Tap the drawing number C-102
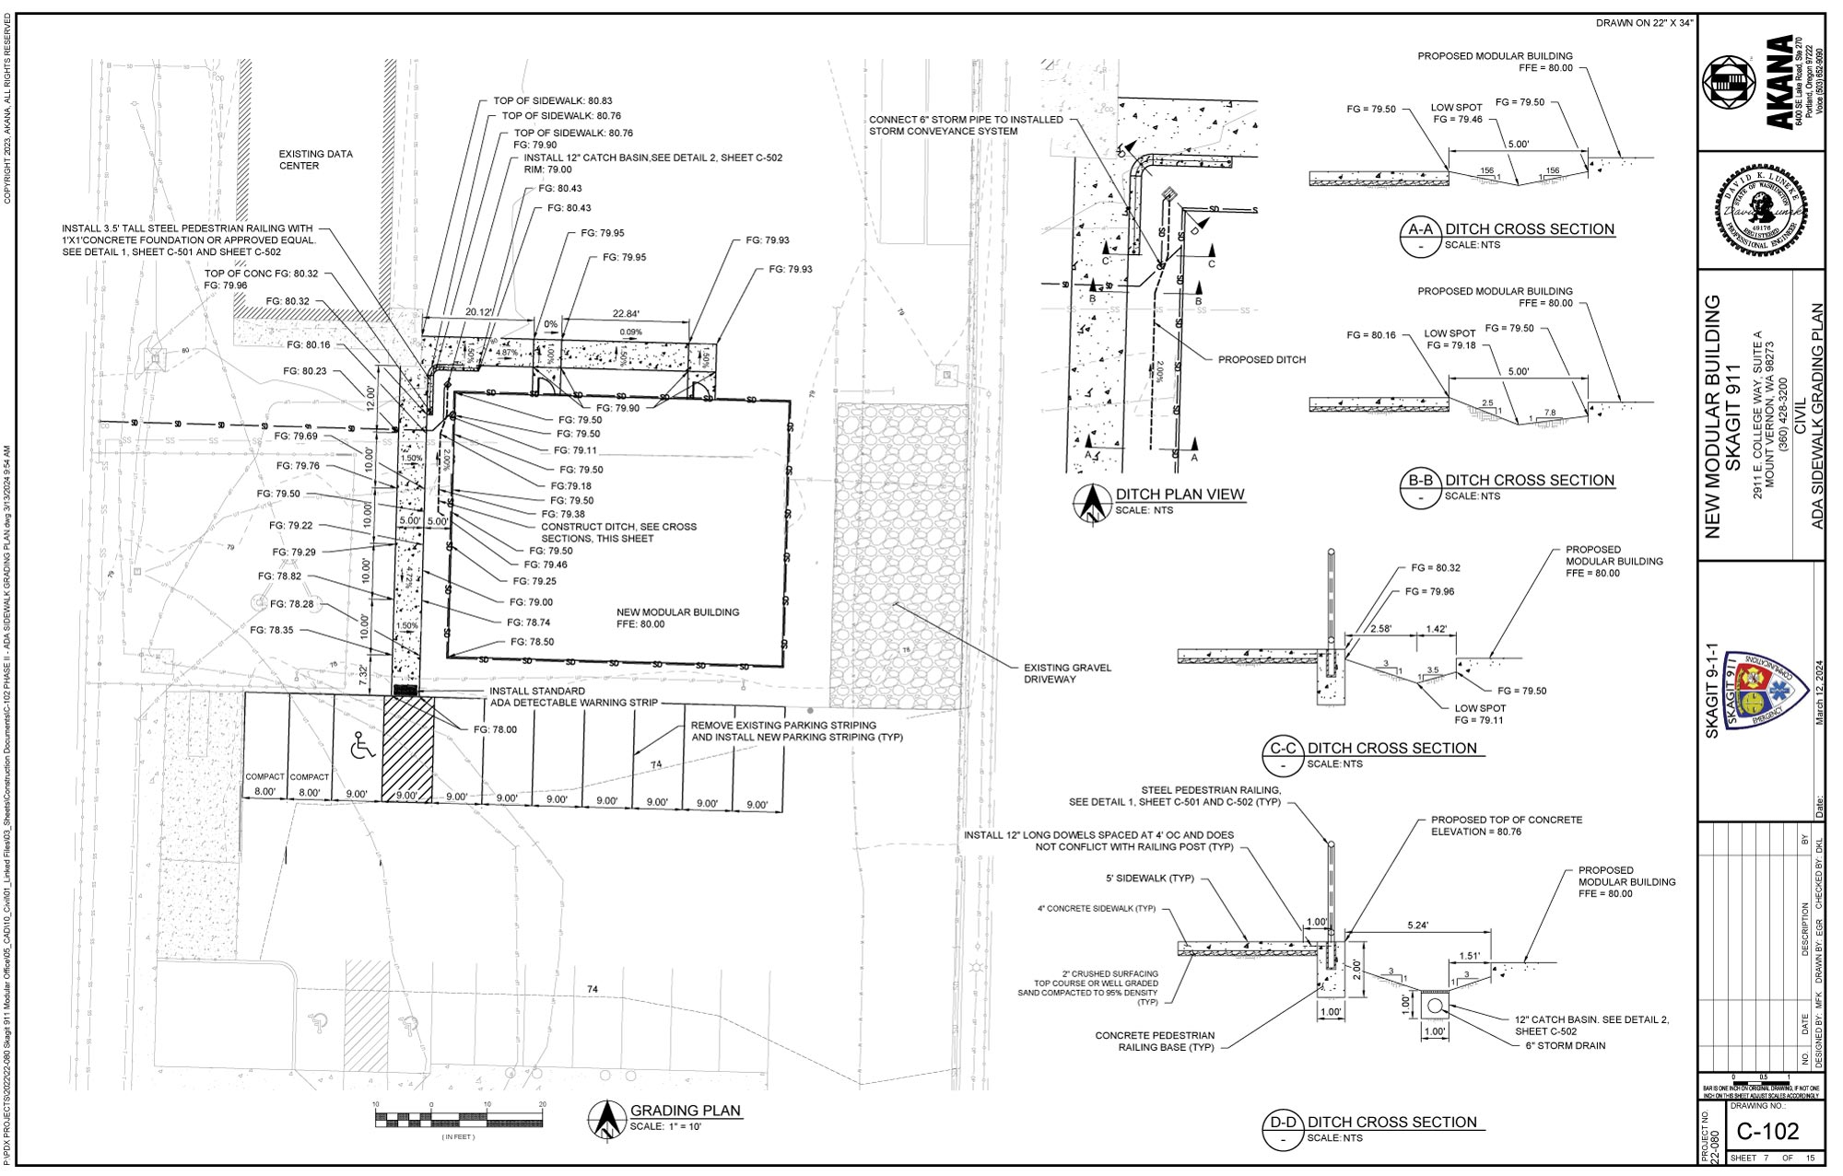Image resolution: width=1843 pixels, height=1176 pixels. (x=1767, y=1130)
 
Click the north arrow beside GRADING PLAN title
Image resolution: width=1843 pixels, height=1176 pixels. (x=605, y=1119)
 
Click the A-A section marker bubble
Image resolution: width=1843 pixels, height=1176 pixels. (x=1420, y=237)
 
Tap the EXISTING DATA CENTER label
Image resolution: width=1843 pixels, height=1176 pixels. (x=315, y=160)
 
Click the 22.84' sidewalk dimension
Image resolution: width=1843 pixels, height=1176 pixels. (x=625, y=314)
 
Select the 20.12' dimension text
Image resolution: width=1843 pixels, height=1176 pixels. (x=479, y=312)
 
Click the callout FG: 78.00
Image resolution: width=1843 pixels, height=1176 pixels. (x=495, y=729)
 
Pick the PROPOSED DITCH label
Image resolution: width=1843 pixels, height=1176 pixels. (x=1261, y=360)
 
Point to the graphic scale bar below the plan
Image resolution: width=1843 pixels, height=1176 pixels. (x=459, y=1119)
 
